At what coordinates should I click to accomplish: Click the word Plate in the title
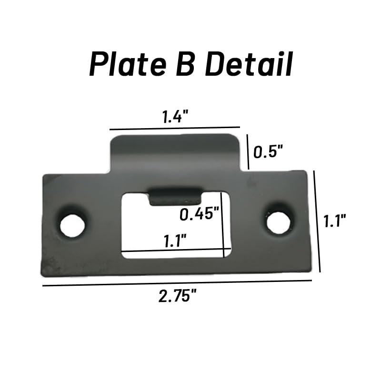point(128,64)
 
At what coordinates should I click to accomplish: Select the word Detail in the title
point(249,64)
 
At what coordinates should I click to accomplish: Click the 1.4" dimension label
point(175,116)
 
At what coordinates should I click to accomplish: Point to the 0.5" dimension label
point(268,151)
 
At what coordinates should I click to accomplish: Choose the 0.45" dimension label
point(199,214)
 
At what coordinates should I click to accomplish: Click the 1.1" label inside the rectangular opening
point(175,241)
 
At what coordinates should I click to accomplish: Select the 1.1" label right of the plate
point(335,221)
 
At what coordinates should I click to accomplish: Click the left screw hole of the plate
point(72,225)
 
